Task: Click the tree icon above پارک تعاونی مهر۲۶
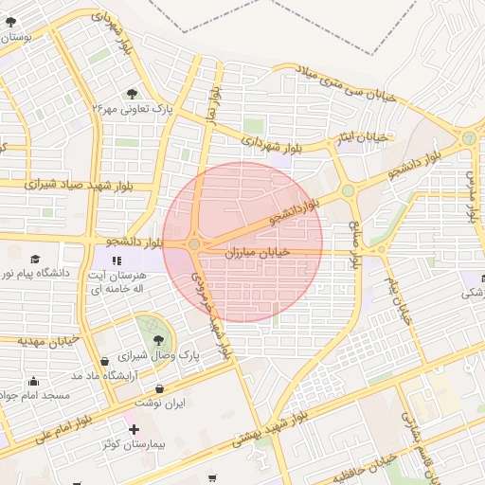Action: pyautogui.click(x=131, y=93)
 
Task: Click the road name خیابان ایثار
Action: pyautogui.click(x=363, y=139)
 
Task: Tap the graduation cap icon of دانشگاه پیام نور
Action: pyautogui.click(x=35, y=260)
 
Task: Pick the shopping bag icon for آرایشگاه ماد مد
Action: pyautogui.click(x=104, y=362)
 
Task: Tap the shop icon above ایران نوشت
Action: pyautogui.click(x=158, y=388)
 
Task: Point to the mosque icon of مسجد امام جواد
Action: pyautogui.click(x=33, y=382)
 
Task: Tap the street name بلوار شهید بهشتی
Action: pyautogui.click(x=327, y=404)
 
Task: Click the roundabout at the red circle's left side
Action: pyautogui.click(x=194, y=244)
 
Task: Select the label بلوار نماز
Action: pyautogui.click(x=215, y=105)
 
